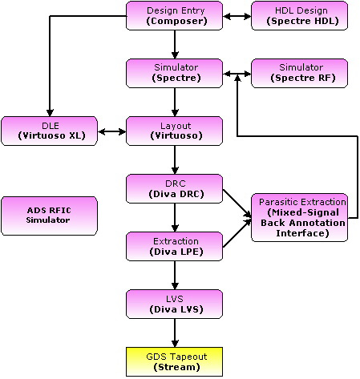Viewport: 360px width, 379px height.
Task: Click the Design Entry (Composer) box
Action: coord(174,15)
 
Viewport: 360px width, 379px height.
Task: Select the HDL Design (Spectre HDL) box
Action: coord(299,15)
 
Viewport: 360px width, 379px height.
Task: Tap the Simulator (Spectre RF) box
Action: coord(299,73)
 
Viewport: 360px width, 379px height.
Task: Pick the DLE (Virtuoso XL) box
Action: coord(50,131)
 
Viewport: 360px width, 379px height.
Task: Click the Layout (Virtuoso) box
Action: coord(174,131)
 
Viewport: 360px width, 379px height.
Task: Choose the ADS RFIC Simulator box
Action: coord(50,216)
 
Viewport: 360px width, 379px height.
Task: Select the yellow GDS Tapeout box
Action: coord(174,361)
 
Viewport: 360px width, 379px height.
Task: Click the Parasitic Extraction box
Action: coord(299,217)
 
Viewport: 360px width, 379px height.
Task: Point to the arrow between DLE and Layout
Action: coord(111,131)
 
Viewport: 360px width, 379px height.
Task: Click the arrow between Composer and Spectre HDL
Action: coord(237,16)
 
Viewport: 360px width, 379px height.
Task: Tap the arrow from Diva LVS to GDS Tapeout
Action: coord(175,333)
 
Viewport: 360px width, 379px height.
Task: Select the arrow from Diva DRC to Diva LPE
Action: coord(175,217)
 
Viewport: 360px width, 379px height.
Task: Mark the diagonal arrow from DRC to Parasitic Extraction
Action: coord(237,204)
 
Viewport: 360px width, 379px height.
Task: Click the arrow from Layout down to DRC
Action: coord(175,159)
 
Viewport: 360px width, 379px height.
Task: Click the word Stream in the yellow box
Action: coord(176,367)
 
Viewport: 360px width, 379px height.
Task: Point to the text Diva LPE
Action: coord(176,252)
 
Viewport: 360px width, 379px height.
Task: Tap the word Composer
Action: coord(176,21)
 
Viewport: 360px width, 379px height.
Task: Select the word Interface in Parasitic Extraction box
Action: coord(302,233)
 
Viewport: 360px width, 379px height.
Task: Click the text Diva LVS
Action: coord(176,309)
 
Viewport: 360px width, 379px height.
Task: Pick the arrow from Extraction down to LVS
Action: coord(175,275)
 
